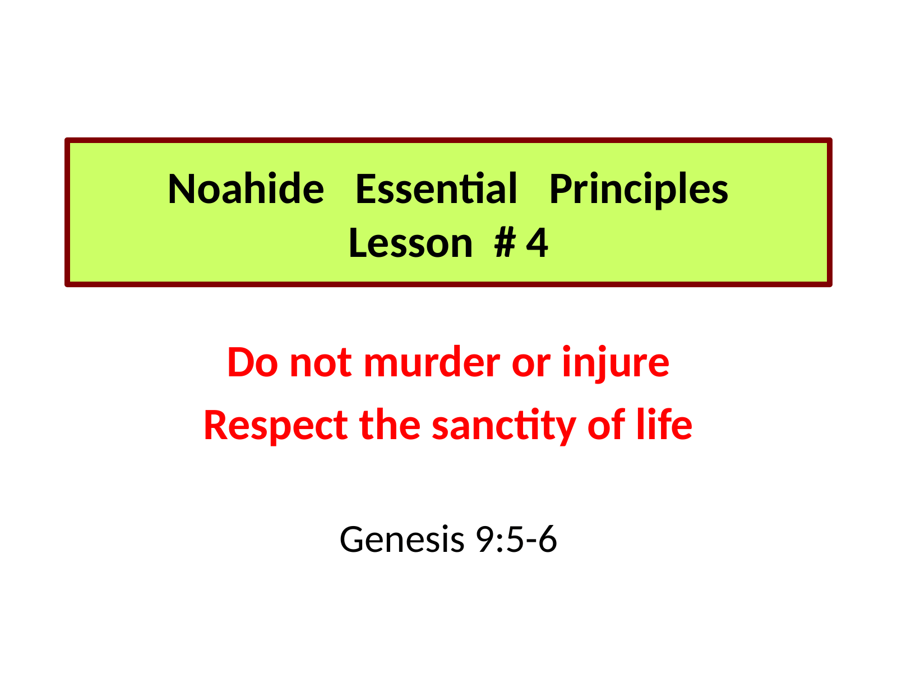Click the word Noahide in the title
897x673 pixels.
coord(246,188)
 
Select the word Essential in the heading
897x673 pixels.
coord(436,188)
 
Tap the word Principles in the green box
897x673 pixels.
coord(639,191)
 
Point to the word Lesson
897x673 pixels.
coord(411,243)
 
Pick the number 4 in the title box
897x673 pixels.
coord(537,243)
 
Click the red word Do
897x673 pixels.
coord(253,362)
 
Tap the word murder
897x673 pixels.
coord(432,362)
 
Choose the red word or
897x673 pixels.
coord(531,366)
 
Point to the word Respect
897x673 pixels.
coord(275,426)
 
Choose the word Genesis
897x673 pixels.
coord(402,540)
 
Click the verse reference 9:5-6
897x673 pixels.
coord(516,540)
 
